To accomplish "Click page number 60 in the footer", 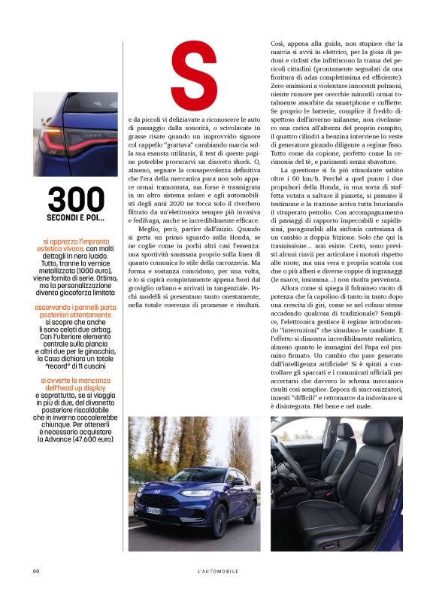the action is click(35, 571).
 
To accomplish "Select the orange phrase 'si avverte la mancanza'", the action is click(74, 381).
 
